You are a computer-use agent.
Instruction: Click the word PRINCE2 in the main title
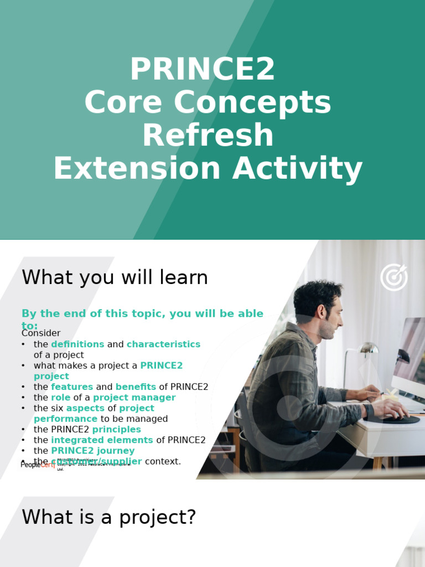(202, 70)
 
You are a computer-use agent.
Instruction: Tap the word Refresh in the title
(208, 136)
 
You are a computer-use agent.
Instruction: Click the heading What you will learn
(115, 277)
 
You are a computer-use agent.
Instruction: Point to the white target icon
(393, 277)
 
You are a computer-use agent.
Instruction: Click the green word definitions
(77, 344)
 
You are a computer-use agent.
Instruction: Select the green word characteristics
(163, 344)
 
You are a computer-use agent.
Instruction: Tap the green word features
(72, 387)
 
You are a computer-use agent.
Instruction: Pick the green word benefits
(136, 387)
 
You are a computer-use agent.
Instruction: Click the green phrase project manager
(134, 398)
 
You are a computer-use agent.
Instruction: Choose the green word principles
(116, 430)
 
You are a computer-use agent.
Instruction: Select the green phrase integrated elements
(102, 440)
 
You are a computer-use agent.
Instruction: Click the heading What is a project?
(109, 517)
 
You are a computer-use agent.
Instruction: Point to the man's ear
(322, 312)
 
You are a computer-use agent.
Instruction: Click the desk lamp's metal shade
(368, 348)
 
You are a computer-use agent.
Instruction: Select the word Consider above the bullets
(41, 333)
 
